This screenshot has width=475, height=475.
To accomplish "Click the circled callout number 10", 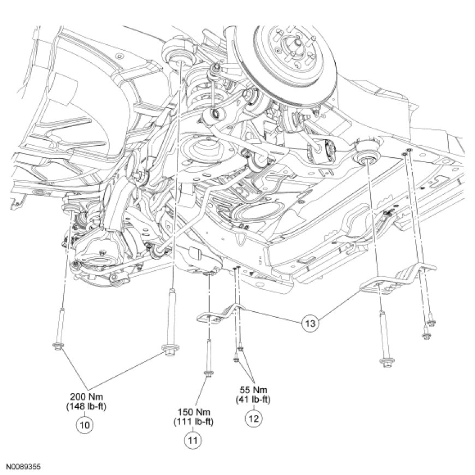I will (x=85, y=424).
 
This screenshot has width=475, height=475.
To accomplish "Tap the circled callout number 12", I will (x=254, y=419).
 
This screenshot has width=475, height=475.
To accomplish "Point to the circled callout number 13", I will (x=310, y=323).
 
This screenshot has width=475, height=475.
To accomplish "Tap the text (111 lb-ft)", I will (x=193, y=421).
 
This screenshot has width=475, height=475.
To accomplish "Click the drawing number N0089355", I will (x=24, y=467).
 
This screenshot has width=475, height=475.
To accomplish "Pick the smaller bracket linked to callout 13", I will (x=218, y=314).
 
